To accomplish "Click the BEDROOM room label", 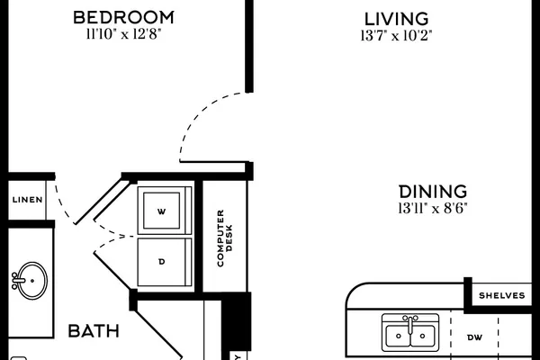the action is pos(123,18).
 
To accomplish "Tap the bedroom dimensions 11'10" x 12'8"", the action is pos(123,34).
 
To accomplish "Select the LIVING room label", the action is pos(396,19).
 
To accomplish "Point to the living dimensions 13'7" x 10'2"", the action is pos(396,35).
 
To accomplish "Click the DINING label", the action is pos(433,192).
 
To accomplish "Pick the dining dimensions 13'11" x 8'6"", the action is pos(433,208).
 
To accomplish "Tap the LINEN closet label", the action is pos(28,200).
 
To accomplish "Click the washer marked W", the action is pos(165,211).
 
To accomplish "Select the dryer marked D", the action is pos(165,262).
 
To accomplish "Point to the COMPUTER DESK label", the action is pos(225,238).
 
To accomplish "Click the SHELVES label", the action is pos(502,295).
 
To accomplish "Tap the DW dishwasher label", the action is pos(474,337).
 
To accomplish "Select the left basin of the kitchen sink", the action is pos(398,336).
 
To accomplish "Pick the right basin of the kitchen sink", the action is pos(423,336).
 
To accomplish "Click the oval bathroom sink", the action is pos(32,281).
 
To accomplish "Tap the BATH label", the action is pos(94,331).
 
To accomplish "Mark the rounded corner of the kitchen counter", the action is pos(352,291).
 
